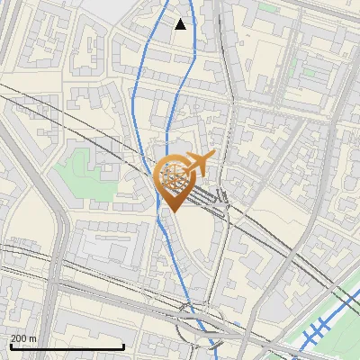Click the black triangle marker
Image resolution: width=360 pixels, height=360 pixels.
pos(181,24)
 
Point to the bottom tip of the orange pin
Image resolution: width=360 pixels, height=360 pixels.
pos(172,212)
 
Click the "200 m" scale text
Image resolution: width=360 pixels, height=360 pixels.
pos(23,338)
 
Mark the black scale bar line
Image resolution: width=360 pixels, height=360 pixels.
pos(67,346)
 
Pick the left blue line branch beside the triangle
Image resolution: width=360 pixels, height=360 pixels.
pos(162,27)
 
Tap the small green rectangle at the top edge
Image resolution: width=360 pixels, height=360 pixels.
pos(267,7)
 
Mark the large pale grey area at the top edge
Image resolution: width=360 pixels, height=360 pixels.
pos(135,9)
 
